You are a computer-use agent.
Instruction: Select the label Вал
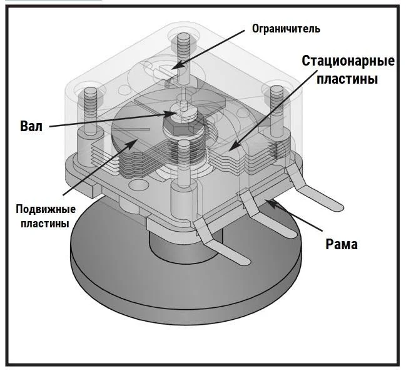pos(32,126)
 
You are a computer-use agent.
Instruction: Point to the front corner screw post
pos(183,166)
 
